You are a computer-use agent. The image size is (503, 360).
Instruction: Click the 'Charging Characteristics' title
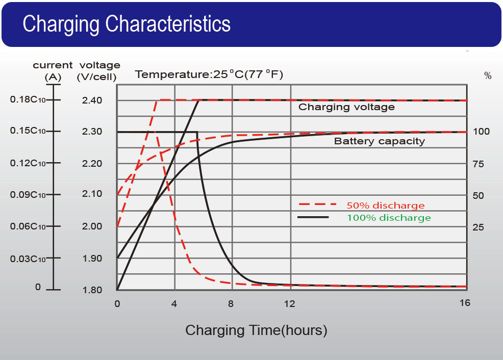127,24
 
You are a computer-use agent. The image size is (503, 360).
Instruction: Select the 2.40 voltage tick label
92,100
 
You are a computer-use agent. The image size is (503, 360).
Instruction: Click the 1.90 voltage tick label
92,259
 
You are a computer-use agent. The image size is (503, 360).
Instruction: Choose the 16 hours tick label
464,303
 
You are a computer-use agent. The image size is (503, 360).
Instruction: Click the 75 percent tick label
478,164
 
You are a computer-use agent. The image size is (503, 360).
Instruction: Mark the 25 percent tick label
478,227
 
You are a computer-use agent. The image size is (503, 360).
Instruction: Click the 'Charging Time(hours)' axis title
256,330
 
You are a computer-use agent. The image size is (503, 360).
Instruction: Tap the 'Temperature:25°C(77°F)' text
209,75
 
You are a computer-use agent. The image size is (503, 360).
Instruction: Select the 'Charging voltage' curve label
346,107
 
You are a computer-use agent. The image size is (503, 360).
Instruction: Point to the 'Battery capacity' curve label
379,141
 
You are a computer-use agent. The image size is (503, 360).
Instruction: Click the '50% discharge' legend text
385,206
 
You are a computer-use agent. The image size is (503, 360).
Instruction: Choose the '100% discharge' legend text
389,218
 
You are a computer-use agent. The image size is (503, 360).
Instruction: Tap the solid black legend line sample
313,218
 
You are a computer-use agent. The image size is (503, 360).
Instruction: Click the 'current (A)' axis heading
53,71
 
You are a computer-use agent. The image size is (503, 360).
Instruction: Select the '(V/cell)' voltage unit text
96,77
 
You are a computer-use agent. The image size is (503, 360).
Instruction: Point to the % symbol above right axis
488,76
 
